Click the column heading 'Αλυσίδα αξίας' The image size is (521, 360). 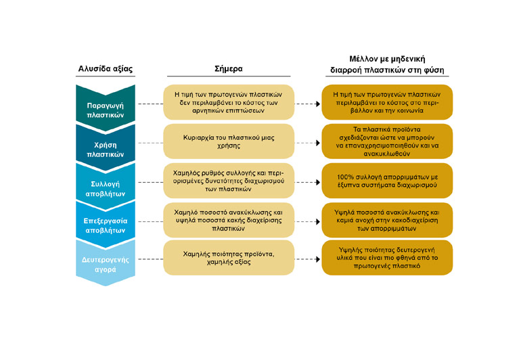pos(106,68)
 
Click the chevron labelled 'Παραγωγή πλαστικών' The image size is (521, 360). pos(106,106)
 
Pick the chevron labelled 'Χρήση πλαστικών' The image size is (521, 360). pos(106,144)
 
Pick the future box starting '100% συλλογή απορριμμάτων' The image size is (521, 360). pos(388,180)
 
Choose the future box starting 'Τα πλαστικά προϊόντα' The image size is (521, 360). pos(388,141)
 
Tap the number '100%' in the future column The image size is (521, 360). pos(346,177)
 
